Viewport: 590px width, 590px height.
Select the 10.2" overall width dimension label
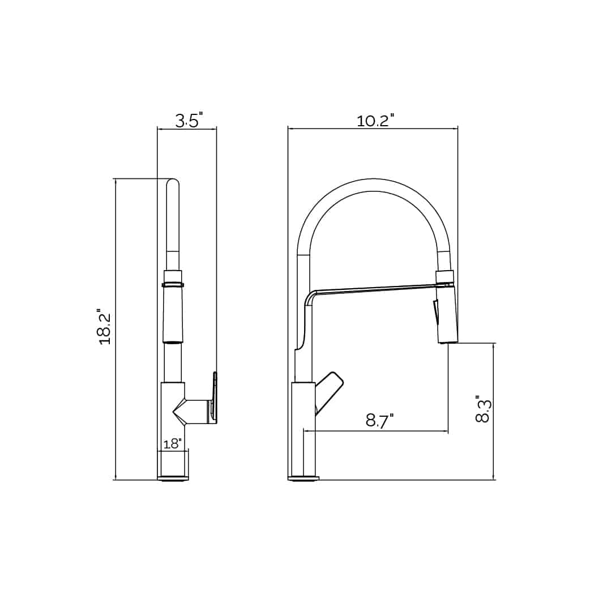coord(375,121)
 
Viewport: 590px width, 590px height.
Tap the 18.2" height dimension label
coord(105,327)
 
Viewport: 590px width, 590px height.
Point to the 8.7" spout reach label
coord(380,421)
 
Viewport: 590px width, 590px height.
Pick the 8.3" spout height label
coord(483,409)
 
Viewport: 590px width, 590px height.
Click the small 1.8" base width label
coord(172,444)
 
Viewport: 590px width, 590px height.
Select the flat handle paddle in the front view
coord(215,396)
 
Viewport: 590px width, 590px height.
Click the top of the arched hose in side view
coord(374,185)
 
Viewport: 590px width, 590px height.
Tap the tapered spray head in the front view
coord(173,314)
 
